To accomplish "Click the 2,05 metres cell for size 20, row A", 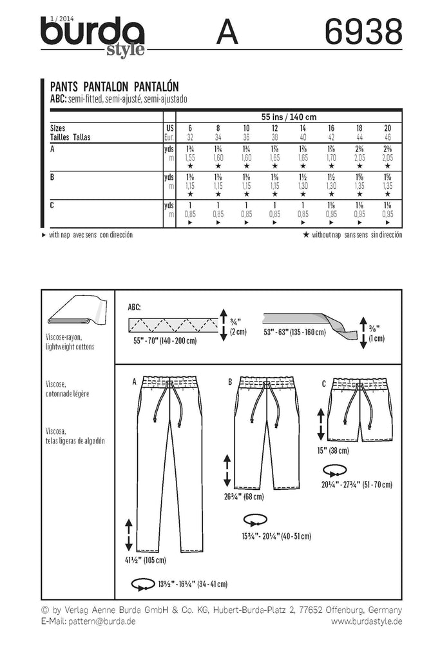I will click(x=387, y=157).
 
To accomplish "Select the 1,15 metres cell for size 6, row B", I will click(x=190, y=185).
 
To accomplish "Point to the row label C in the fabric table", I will click(x=52, y=204).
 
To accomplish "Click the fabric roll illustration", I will click(x=76, y=316).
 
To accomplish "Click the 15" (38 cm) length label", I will click(x=338, y=451).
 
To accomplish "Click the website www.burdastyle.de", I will click(x=367, y=621).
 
